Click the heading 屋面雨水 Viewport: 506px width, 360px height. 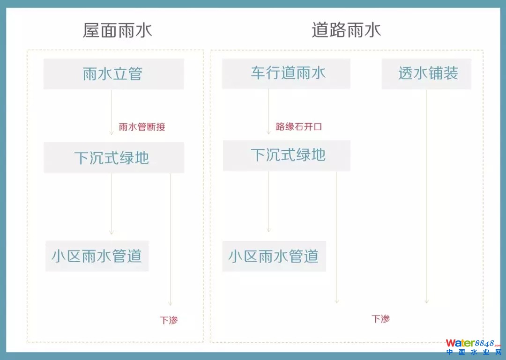(x=117, y=30)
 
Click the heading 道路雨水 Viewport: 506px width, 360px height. (x=346, y=30)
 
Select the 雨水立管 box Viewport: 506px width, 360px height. (x=113, y=74)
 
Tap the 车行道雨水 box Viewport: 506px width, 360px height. (x=286, y=73)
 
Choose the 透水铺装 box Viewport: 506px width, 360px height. (x=426, y=73)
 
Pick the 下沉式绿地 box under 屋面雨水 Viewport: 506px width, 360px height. (x=113, y=158)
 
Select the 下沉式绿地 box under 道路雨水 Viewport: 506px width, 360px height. (x=286, y=155)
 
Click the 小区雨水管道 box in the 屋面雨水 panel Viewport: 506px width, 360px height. (x=97, y=256)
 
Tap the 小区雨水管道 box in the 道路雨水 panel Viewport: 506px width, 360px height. (x=274, y=256)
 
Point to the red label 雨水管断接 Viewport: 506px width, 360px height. (x=142, y=127)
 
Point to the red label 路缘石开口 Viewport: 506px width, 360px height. (x=299, y=127)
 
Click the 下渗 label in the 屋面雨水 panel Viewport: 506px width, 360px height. (x=169, y=320)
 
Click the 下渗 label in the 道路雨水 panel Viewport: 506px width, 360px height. (x=380, y=319)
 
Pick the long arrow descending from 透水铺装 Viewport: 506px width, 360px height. (x=426, y=197)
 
